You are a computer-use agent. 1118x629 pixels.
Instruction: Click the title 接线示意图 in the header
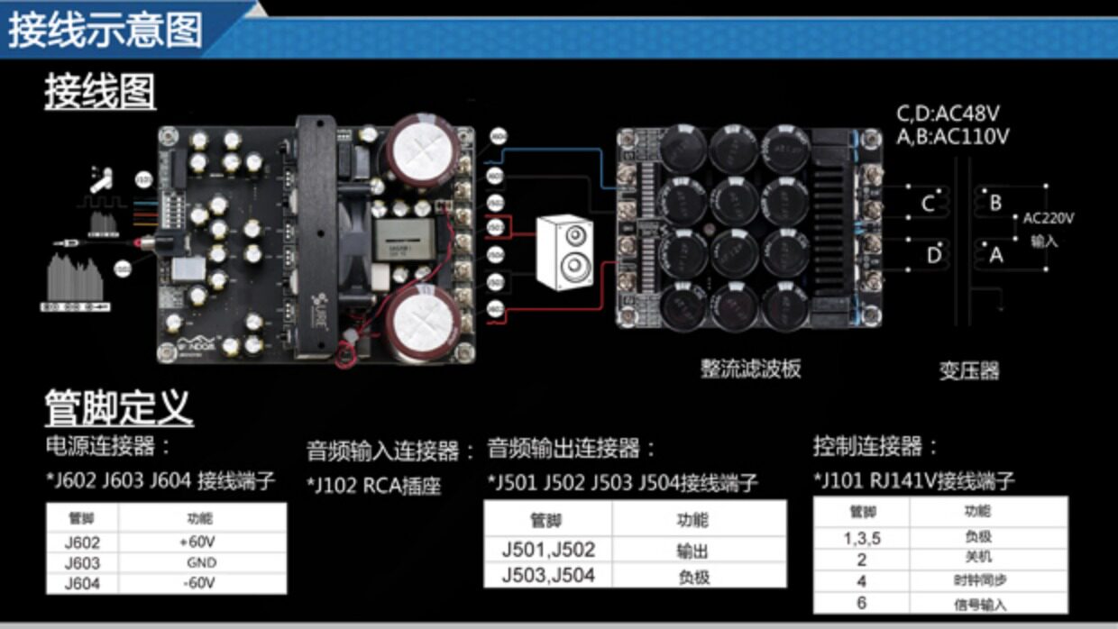point(105,30)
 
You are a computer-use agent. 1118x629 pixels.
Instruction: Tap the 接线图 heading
point(100,92)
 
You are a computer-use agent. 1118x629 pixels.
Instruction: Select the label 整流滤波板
point(750,369)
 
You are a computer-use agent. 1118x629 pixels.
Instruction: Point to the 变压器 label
point(969,370)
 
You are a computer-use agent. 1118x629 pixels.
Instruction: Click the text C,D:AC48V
point(948,114)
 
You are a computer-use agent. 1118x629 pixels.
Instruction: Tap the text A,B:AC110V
point(952,137)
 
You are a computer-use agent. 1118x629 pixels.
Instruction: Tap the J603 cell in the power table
point(82,563)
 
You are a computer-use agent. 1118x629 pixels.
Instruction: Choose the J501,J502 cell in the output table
point(548,550)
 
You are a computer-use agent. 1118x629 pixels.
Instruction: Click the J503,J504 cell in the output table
point(548,575)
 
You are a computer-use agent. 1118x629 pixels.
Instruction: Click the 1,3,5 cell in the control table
point(861,537)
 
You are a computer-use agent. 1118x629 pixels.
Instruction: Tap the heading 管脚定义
point(119,408)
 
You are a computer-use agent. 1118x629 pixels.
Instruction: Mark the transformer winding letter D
point(933,255)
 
